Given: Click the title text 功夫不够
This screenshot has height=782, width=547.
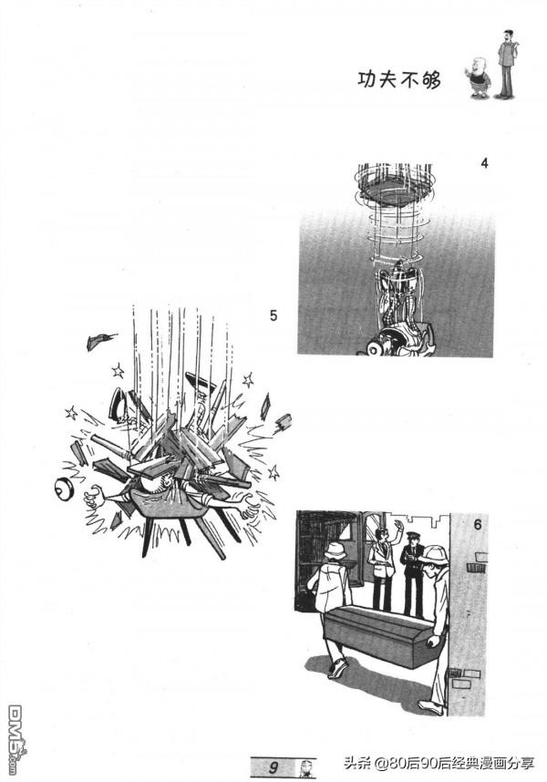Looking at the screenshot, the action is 399,80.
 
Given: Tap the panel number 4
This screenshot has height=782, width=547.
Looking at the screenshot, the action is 484,163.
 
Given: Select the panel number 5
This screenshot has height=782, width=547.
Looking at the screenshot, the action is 273,315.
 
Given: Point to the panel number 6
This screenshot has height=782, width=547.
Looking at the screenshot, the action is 478,525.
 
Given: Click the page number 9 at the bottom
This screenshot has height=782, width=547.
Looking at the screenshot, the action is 273,766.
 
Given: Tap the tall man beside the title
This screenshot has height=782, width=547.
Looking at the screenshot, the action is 507,63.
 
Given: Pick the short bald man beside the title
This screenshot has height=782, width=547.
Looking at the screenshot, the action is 480,77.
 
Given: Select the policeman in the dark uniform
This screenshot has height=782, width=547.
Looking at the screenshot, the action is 412,572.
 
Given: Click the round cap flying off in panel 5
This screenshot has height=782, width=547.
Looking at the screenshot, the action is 63,489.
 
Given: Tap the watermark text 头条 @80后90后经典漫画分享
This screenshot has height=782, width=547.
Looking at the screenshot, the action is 439,764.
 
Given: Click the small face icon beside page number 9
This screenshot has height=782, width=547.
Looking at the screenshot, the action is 307,767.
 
